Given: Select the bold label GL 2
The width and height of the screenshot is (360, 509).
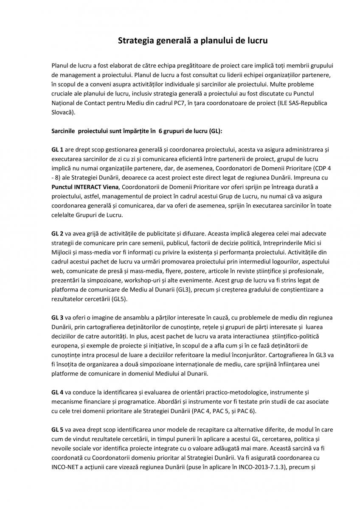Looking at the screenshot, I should [x=57, y=233].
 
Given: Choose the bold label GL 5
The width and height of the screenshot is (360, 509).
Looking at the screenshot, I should [x=57, y=431].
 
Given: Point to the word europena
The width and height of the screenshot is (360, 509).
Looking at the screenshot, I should [x=64, y=346].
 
